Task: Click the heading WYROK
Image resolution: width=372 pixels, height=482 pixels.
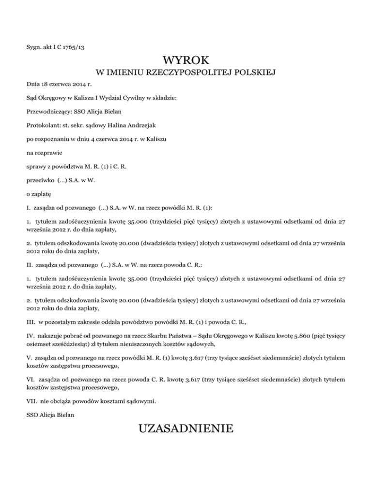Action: pyautogui.click(x=186, y=61)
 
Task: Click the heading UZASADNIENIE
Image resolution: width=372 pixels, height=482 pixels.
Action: pyautogui.click(x=186, y=429)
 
